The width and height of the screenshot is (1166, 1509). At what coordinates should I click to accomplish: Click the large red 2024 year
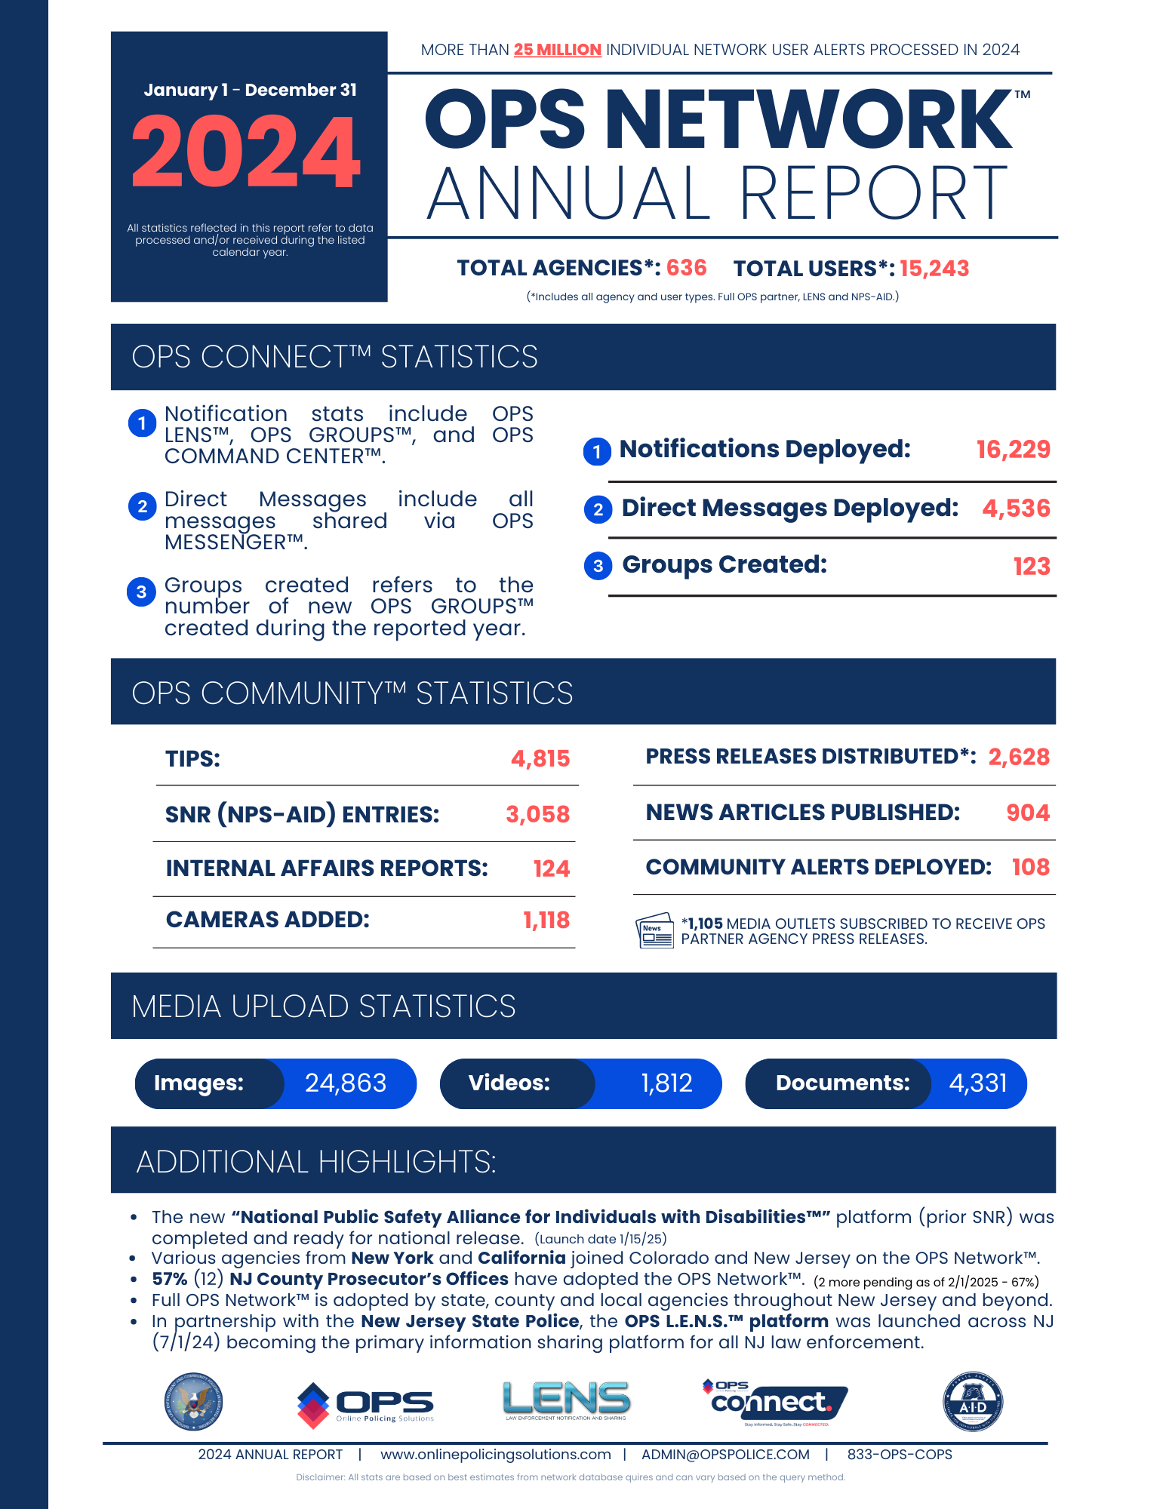[x=246, y=152]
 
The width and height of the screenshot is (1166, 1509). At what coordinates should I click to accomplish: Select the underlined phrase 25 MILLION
[x=557, y=50]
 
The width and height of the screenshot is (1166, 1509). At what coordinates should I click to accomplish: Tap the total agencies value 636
[x=686, y=268]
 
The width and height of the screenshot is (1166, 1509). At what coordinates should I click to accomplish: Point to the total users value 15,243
[x=934, y=269]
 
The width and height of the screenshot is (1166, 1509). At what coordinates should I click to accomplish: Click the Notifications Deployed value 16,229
[x=1013, y=450]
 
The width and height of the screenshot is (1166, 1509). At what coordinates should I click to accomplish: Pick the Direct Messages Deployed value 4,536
[x=1016, y=509]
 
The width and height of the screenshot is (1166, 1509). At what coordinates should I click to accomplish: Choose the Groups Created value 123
[x=1031, y=566]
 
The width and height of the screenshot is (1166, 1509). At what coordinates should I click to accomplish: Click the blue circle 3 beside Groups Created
[x=598, y=566]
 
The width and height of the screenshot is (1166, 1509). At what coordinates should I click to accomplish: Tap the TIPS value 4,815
[x=540, y=758]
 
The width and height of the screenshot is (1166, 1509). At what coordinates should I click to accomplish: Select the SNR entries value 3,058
[x=537, y=814]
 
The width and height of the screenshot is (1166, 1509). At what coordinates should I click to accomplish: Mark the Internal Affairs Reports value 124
[x=551, y=868]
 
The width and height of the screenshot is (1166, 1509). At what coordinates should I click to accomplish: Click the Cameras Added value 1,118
[x=546, y=920]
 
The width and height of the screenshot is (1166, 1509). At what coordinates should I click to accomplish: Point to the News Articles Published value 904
[x=1027, y=813]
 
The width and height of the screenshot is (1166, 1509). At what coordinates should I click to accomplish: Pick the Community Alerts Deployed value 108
[x=1030, y=867]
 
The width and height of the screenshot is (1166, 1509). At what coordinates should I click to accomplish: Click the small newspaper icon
[x=654, y=930]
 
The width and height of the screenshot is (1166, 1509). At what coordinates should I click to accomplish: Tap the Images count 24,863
[x=346, y=1083]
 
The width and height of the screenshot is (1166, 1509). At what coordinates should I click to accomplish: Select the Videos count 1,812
[x=666, y=1083]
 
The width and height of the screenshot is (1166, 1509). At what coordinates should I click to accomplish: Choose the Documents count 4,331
[x=977, y=1083]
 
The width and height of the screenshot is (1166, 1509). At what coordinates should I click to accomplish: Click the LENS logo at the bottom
[x=566, y=1400]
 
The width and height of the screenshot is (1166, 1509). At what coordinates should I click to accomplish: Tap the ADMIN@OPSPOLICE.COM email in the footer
[x=725, y=1454]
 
